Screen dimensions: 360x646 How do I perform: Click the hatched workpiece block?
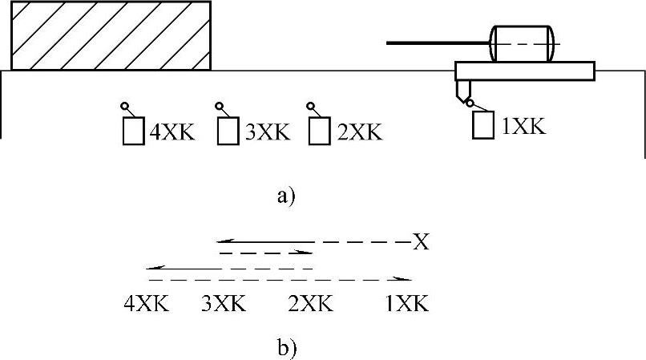[x=111, y=35]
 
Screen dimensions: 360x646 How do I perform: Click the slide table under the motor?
[x=525, y=71]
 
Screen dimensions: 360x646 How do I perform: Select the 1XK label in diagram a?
[x=523, y=126]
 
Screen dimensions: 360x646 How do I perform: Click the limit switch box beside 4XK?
[x=133, y=131]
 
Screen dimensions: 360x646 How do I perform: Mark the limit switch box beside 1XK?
[x=482, y=125]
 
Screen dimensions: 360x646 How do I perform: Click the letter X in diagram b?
[x=421, y=241]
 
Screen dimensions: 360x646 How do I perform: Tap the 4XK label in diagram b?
[x=147, y=305]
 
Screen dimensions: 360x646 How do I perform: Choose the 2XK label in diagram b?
[x=310, y=305]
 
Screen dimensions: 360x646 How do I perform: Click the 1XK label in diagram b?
[x=406, y=305]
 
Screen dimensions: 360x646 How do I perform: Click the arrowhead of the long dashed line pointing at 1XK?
[x=409, y=279]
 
